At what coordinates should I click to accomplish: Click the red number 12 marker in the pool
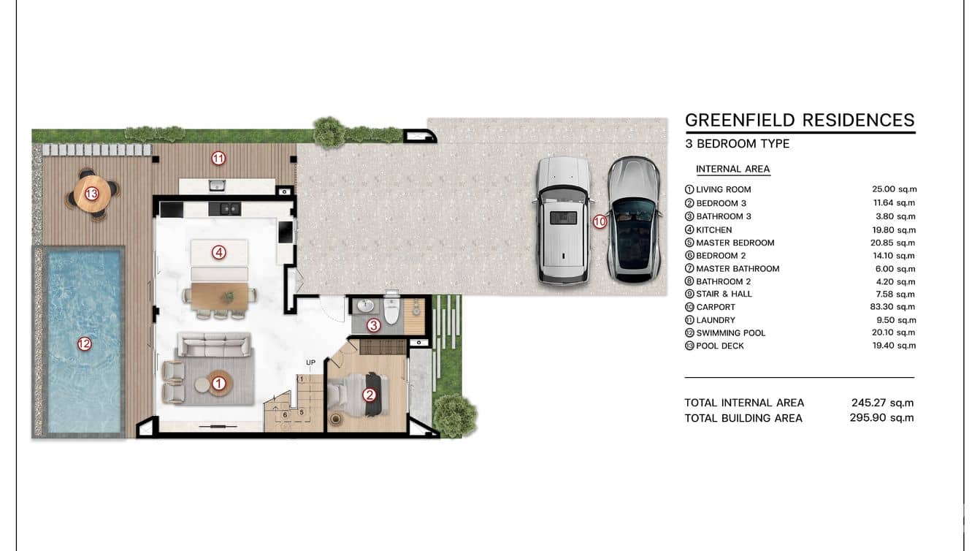[x=85, y=344]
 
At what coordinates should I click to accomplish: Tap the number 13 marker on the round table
[x=91, y=194]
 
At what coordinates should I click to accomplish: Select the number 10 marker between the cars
[x=600, y=222]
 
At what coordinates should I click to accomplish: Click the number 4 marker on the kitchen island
[x=219, y=252]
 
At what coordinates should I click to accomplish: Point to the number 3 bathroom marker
[x=373, y=325]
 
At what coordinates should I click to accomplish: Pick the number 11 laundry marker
[x=218, y=158]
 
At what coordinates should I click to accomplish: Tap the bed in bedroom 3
[x=359, y=394]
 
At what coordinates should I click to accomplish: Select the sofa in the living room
[x=214, y=344]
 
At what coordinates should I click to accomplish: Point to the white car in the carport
[x=563, y=220]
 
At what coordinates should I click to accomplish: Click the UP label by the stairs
[x=310, y=362]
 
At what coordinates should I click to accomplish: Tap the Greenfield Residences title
[x=800, y=120]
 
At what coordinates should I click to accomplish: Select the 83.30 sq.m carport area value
[x=892, y=307]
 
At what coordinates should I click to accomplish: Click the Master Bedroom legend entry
[x=735, y=243]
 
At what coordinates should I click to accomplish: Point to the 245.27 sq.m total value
[x=882, y=403]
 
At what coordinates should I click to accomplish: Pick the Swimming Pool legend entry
[x=731, y=333]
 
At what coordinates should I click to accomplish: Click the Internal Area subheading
[x=733, y=169]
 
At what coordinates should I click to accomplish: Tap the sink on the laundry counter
[x=217, y=186]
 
